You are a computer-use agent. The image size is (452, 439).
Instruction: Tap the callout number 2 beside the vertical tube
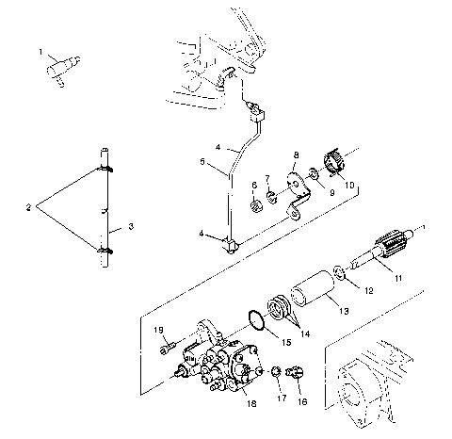28,204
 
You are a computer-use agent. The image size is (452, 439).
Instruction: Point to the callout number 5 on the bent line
202,161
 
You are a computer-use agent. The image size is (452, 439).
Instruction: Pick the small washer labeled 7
270,196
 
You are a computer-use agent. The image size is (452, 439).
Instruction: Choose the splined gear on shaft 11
390,247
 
